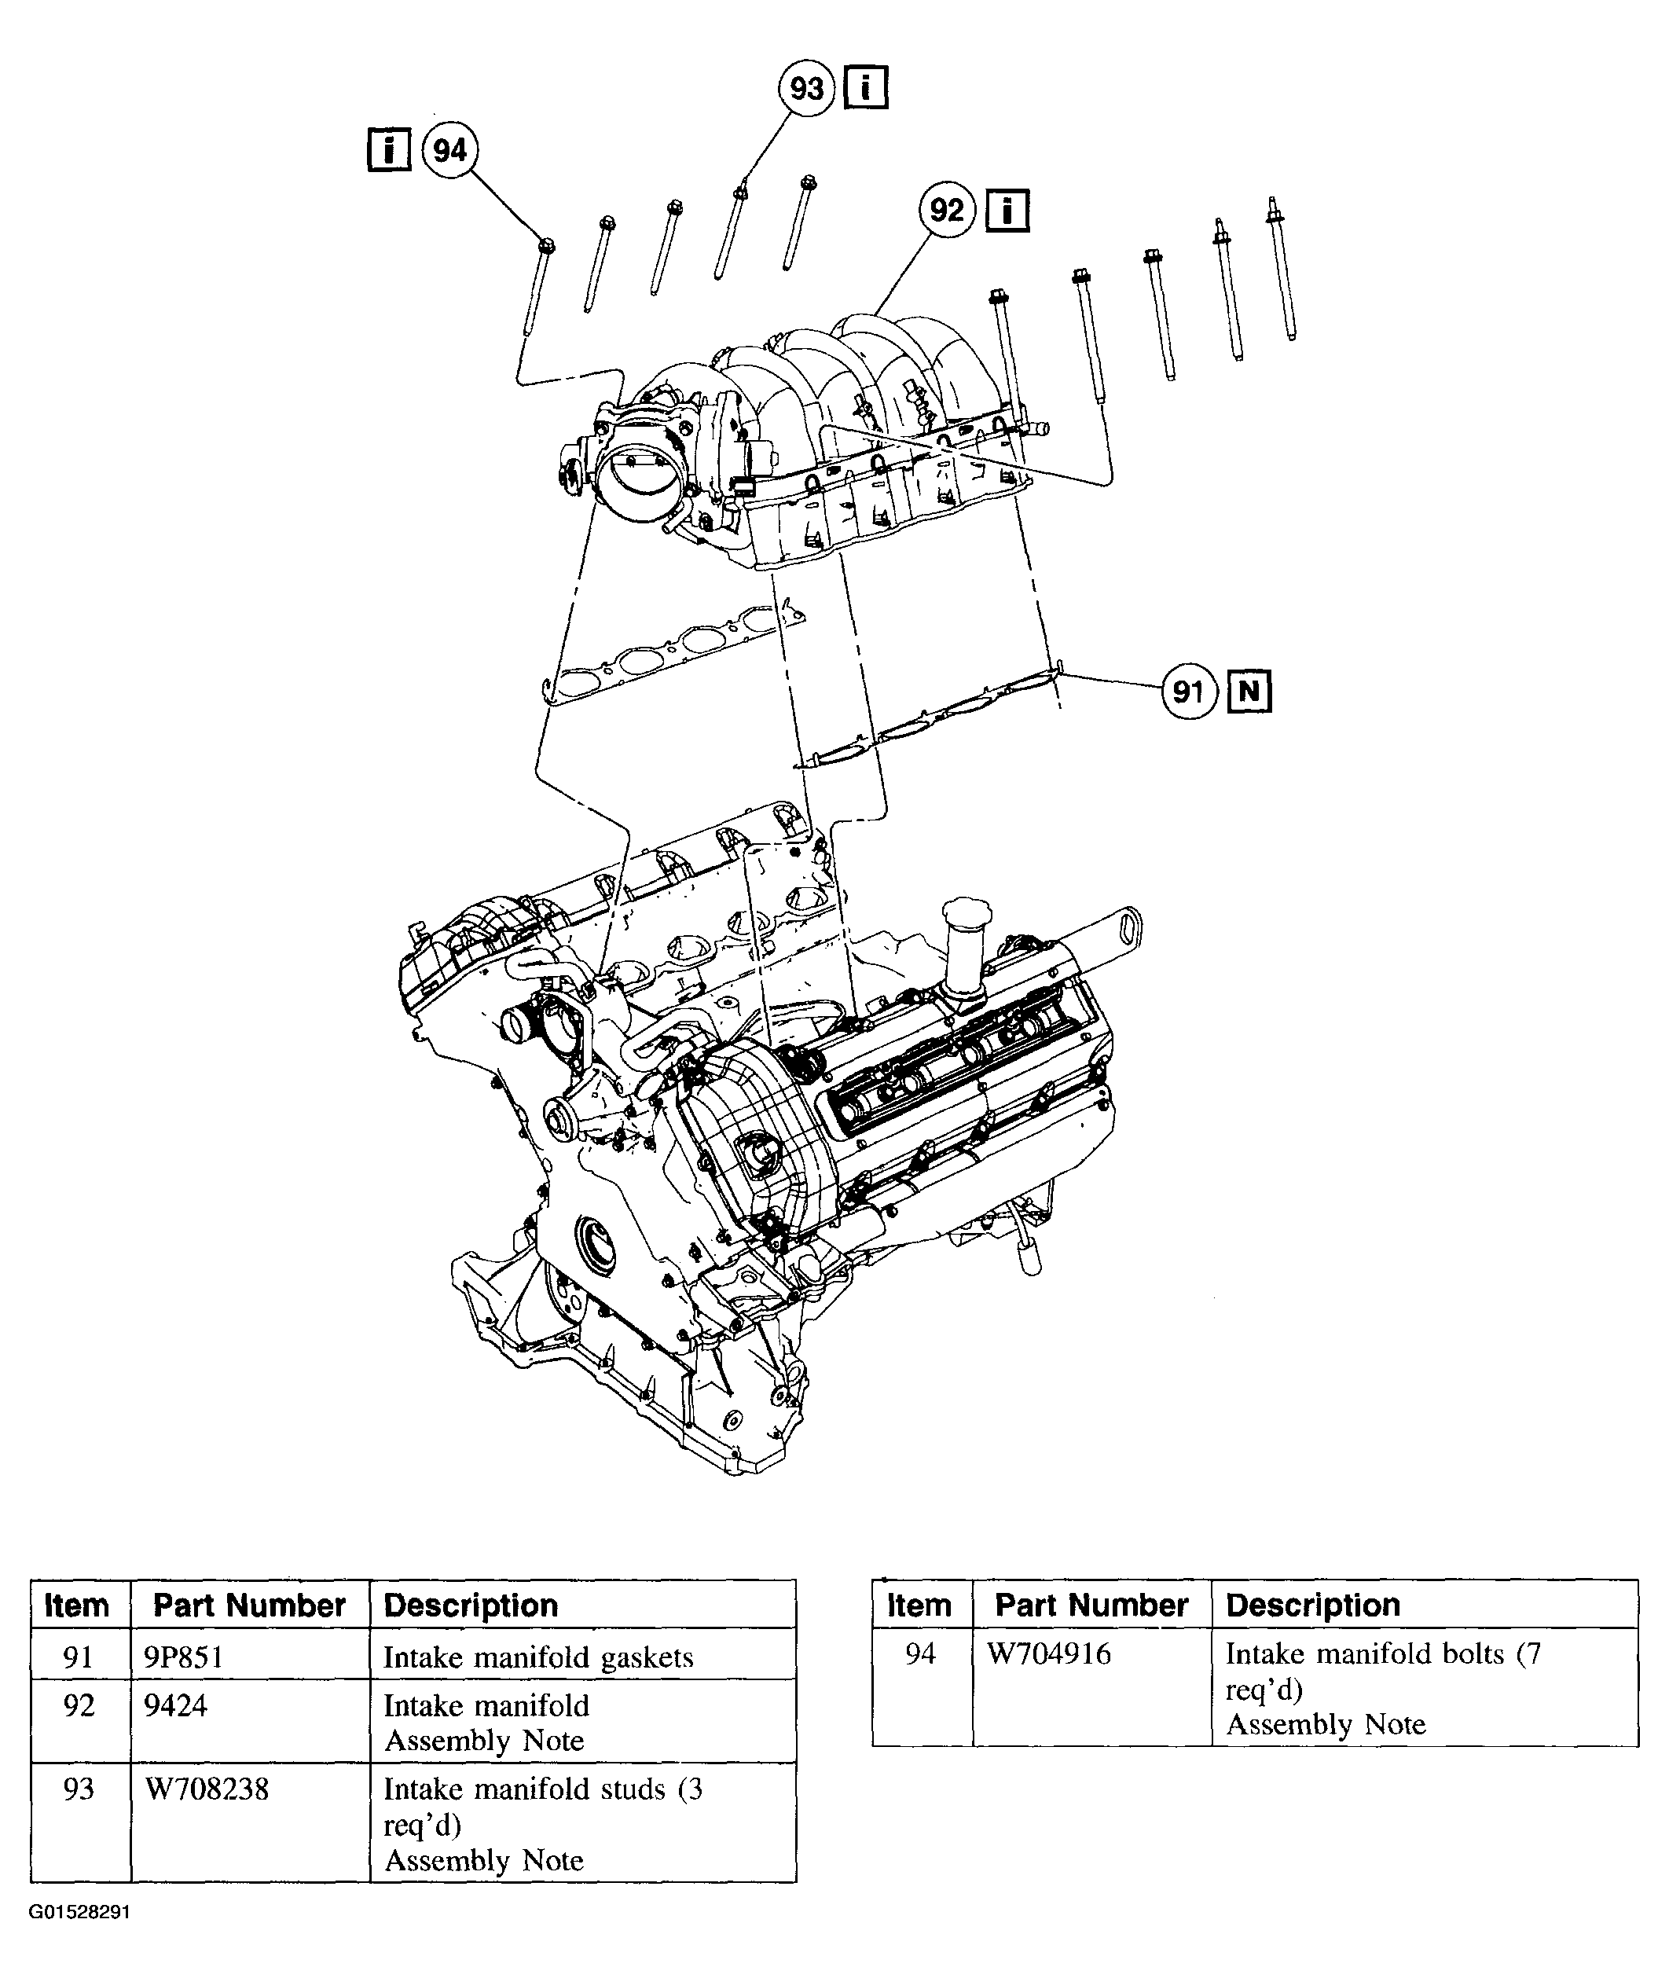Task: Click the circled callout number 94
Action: pyautogui.click(x=449, y=150)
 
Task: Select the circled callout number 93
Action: pyautogui.click(x=806, y=89)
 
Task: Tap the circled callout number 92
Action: pyautogui.click(x=947, y=210)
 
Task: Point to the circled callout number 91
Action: pyautogui.click(x=1188, y=692)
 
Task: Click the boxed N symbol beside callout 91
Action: pyautogui.click(x=1249, y=692)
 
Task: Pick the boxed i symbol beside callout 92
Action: pyautogui.click(x=1007, y=211)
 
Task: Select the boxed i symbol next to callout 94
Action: pyautogui.click(x=389, y=150)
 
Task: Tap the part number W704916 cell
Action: pyautogui.click(x=1048, y=1653)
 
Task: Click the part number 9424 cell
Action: pyautogui.click(x=175, y=1705)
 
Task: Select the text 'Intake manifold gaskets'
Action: pyautogui.click(x=537, y=1657)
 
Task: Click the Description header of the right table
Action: pyautogui.click(x=1312, y=1606)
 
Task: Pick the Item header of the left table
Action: pyautogui.click(x=77, y=1606)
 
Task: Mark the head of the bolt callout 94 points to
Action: pyautogui.click(x=545, y=246)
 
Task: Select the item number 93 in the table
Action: pyautogui.click(x=79, y=1789)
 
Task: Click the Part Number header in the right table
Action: pyautogui.click(x=1091, y=1606)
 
